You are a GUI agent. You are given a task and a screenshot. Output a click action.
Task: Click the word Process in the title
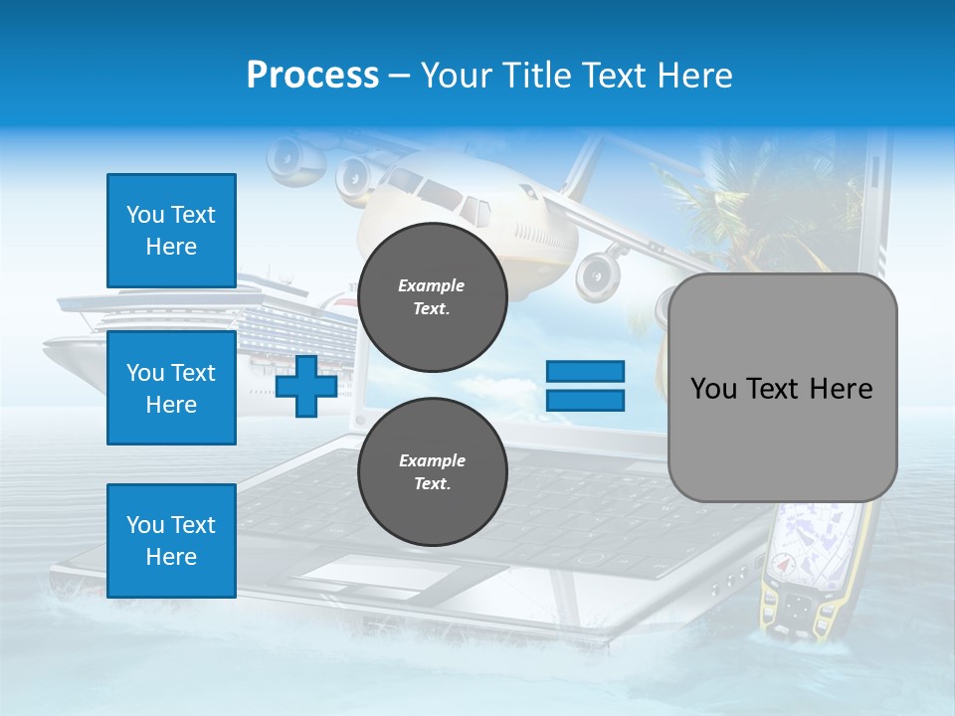pyautogui.click(x=312, y=76)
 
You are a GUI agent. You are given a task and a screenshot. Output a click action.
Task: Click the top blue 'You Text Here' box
pyautogui.click(x=171, y=231)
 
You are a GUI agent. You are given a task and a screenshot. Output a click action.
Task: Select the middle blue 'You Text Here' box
pyautogui.click(x=171, y=388)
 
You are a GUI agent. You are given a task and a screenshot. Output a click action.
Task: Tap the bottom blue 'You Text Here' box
pyautogui.click(x=171, y=541)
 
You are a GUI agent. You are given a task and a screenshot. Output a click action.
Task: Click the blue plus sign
pyautogui.click(x=306, y=386)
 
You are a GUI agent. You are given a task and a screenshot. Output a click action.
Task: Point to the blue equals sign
pyautogui.click(x=585, y=386)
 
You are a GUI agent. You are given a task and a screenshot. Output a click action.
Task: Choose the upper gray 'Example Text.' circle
pyautogui.click(x=432, y=297)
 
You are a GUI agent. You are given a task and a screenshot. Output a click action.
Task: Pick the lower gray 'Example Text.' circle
pyautogui.click(x=432, y=472)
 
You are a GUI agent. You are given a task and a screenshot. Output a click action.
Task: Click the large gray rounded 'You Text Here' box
pyautogui.click(x=782, y=388)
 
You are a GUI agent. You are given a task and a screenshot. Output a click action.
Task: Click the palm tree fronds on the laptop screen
pyautogui.click(x=716, y=199)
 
